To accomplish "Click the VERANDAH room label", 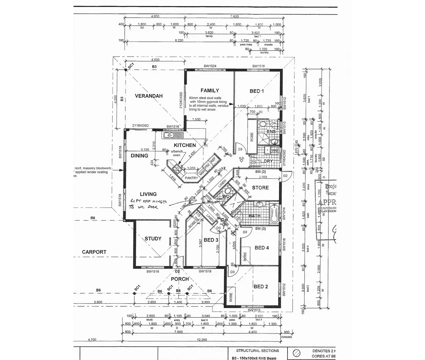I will point(149,96).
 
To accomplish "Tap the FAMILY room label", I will point(210,91).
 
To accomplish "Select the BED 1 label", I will point(257,91).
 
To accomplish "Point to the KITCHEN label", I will point(185,145).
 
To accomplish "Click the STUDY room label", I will point(153,239).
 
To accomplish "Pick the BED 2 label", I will point(261,287).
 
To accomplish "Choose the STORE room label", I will point(260,188).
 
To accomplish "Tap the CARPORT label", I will point(94,252).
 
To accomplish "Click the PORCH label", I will point(180,279).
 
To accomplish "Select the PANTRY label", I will point(191,178).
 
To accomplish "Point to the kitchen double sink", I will point(168,135).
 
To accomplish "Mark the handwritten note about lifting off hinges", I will point(148,204).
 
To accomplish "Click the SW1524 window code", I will point(210,66).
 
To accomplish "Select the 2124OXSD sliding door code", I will point(181,100).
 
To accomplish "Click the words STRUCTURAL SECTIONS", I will point(257,351).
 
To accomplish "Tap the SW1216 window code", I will point(173,127).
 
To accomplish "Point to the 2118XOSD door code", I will point(140,126).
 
